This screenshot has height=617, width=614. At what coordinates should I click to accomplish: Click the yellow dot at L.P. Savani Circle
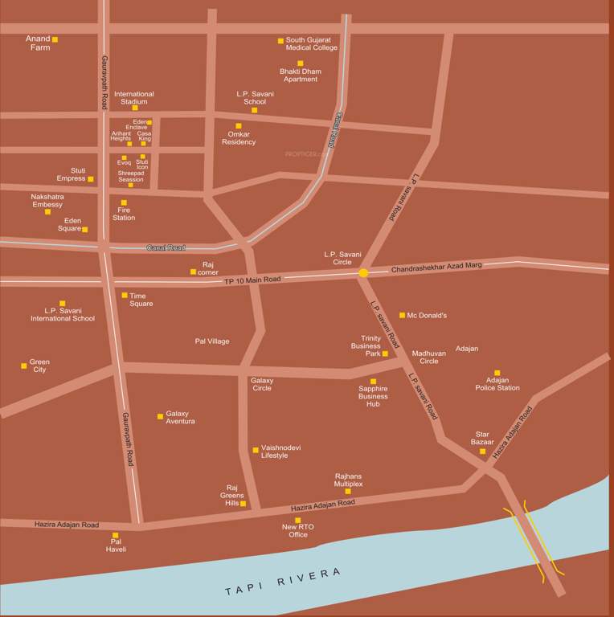363,273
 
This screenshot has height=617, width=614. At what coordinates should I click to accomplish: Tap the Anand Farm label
38,43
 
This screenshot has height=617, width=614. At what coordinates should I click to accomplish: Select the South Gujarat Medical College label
312,43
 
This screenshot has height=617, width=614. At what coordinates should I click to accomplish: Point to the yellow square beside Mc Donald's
403,315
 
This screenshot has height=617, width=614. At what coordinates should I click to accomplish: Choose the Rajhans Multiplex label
349,480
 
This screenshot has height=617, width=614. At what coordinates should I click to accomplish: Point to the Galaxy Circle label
262,384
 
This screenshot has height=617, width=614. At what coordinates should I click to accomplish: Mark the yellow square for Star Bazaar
483,452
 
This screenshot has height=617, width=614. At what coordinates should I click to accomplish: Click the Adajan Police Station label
497,384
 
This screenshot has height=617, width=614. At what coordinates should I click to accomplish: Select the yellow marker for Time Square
124,296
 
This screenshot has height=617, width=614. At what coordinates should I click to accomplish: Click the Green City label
39,366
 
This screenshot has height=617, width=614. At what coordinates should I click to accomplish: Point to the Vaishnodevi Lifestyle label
280,452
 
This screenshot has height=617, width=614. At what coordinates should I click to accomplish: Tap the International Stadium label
134,98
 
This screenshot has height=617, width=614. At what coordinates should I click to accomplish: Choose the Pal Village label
212,341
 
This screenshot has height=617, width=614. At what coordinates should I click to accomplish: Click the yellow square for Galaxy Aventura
160,416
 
